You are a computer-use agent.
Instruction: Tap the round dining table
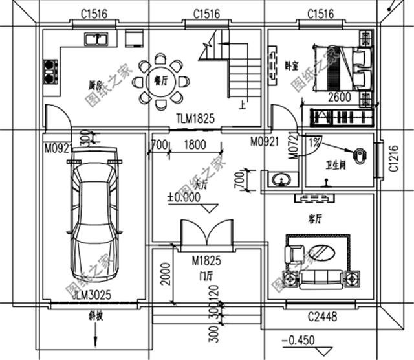[x=161, y=83]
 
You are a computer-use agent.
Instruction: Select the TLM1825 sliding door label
[x=195, y=119]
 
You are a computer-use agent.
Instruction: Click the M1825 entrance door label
[x=206, y=261]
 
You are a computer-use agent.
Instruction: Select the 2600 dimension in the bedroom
[x=341, y=98]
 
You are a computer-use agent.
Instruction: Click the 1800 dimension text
[x=195, y=146]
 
